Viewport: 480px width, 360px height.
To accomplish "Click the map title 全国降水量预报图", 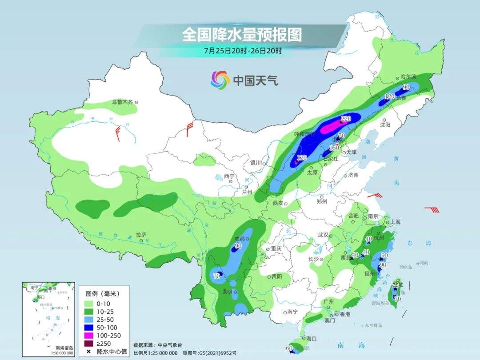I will click(241, 34).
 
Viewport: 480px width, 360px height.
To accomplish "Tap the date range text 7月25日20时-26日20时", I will click(243, 50).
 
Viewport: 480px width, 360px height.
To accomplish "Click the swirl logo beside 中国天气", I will click(220, 80).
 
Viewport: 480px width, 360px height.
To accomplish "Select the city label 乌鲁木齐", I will click(122, 102).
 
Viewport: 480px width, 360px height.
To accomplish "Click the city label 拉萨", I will click(141, 235).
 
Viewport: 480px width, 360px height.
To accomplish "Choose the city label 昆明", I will click(227, 292).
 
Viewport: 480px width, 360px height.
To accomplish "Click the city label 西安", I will click(278, 203).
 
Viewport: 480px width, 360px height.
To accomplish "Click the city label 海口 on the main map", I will click(311, 339).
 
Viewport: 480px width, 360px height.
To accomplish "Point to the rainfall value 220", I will click(346, 119).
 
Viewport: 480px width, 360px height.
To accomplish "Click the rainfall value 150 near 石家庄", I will click(334, 148).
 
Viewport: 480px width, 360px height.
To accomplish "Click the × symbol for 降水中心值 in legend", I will click(89, 351).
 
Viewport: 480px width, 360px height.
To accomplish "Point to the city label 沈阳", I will click(385, 125).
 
